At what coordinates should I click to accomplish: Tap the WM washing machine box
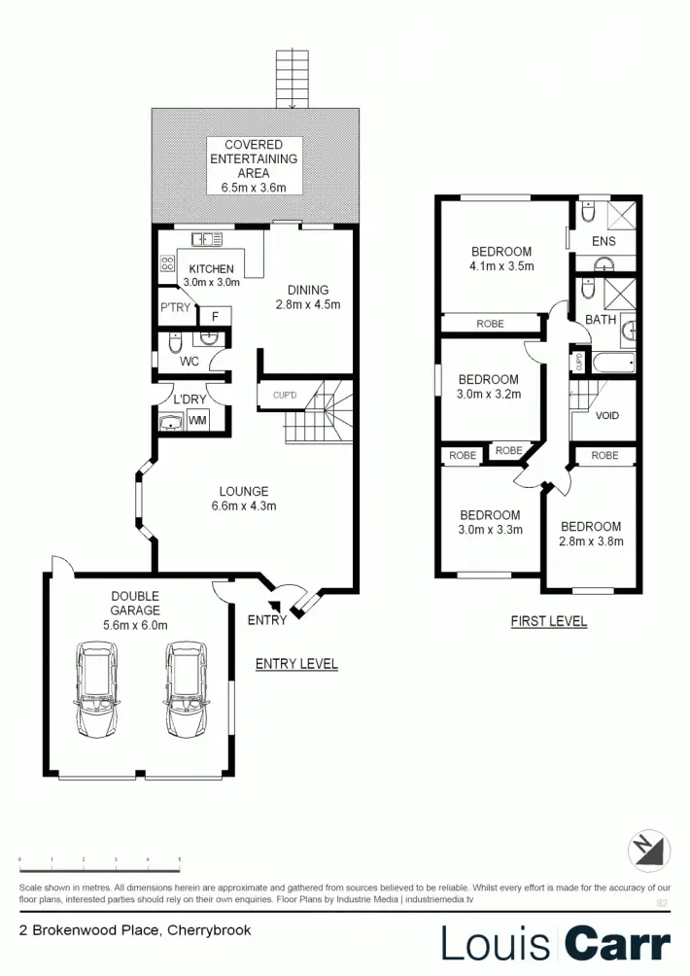pos(197,421)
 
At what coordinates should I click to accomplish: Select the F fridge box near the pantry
pos(214,316)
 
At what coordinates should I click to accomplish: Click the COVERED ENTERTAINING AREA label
pos(254,166)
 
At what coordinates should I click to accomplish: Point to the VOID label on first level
pos(607,415)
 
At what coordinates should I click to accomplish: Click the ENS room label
pos(604,241)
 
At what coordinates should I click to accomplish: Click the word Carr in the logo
pos(617,944)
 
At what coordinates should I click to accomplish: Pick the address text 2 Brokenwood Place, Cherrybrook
pos(135,930)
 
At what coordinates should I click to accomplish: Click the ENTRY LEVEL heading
pos(296,664)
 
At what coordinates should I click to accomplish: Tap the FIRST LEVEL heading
pos(549,621)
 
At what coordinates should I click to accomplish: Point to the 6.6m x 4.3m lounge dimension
pos(243,505)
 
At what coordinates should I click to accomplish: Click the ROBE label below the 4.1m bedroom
pos(491,324)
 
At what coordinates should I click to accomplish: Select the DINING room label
pos(307,290)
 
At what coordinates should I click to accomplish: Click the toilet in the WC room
pos(173,344)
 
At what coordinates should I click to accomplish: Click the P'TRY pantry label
pos(176,308)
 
